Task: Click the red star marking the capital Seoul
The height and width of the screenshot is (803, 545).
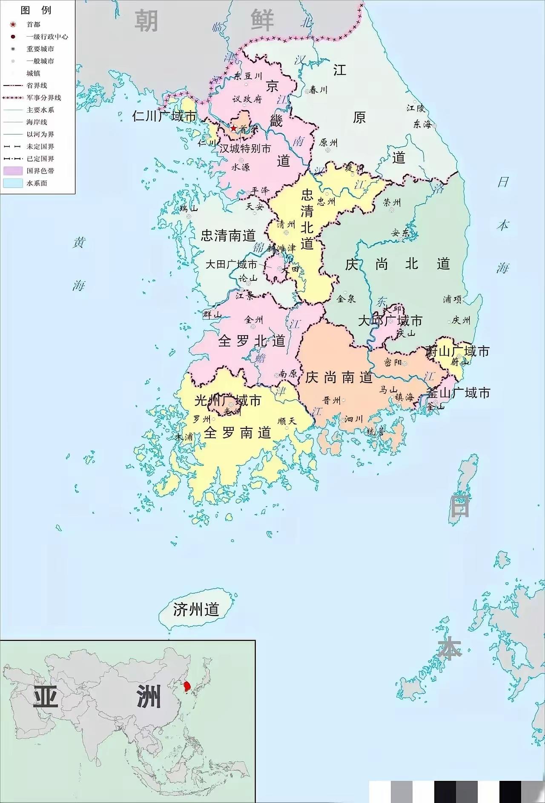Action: point(233,128)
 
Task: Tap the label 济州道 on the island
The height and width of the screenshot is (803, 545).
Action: point(196,609)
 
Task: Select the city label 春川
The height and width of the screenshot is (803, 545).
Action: point(318,90)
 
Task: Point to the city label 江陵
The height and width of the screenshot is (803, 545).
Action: point(416,108)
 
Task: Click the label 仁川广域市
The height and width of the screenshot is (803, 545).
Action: point(164,116)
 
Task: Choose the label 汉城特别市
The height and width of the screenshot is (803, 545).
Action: point(245,149)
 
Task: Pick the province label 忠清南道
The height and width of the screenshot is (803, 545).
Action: point(228,236)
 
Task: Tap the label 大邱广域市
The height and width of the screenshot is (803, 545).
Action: point(390,321)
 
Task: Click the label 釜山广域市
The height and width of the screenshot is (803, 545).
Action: point(458,393)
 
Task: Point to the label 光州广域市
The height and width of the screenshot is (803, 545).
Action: point(228,401)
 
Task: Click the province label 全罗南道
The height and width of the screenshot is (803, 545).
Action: point(238,433)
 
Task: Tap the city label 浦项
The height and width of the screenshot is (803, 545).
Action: point(452,299)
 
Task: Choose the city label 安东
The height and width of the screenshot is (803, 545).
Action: point(400,233)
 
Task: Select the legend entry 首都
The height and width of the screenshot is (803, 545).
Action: point(33,25)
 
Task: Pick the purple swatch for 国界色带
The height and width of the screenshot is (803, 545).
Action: point(13,171)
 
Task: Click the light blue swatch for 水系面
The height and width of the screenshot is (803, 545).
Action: point(13,183)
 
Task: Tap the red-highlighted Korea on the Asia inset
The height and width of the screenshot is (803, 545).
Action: point(186,686)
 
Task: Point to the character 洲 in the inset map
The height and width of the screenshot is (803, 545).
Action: point(149,696)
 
